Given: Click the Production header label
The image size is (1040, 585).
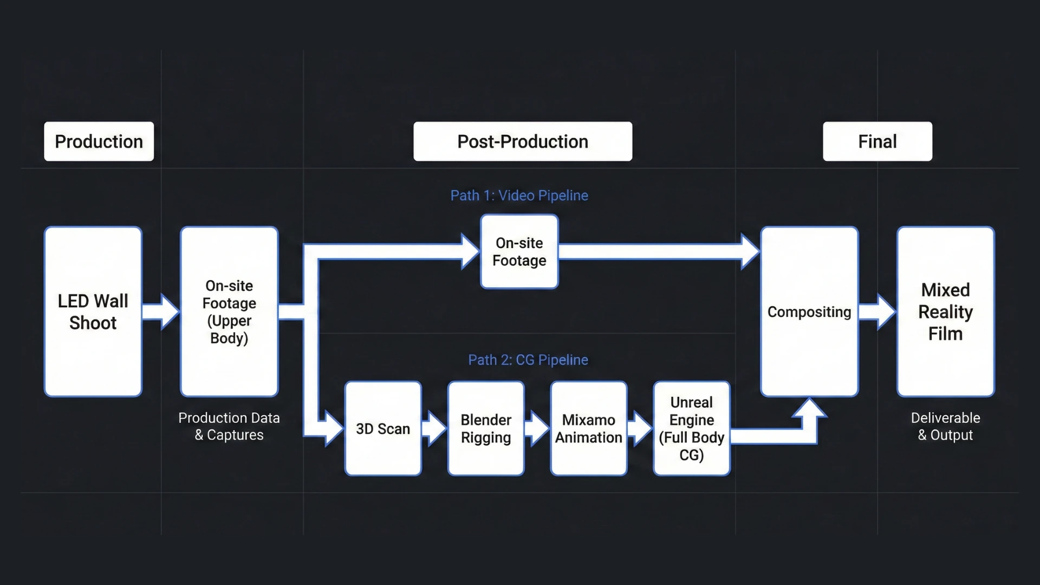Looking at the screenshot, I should click(99, 141).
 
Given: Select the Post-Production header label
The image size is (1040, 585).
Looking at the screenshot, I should click(522, 141).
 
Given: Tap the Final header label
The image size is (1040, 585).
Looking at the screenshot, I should click(877, 141).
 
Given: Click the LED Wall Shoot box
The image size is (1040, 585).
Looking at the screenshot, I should click(93, 311).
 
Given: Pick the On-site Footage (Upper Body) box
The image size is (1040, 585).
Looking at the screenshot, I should click(229, 311).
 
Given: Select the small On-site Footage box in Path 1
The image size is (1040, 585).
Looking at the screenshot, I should click(519, 252).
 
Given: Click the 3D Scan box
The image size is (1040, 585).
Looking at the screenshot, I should click(383, 428).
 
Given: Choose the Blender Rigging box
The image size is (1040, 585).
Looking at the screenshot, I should click(486, 428).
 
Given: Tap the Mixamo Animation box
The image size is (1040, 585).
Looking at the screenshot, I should click(588, 428).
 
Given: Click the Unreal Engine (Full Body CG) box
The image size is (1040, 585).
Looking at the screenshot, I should click(691, 428).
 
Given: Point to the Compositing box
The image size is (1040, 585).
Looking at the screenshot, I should click(809, 311).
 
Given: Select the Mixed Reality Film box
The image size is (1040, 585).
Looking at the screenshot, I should click(945, 311).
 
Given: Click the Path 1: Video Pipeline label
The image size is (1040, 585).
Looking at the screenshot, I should click(519, 196).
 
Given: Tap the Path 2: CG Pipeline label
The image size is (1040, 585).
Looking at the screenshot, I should click(528, 360).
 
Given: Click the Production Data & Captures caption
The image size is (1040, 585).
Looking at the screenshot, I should click(229, 426).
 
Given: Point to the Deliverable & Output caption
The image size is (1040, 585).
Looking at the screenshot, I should click(945, 426).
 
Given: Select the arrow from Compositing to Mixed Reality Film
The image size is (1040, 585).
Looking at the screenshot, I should click(877, 311).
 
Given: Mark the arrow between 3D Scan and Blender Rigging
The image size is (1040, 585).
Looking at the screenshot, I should click(434, 428).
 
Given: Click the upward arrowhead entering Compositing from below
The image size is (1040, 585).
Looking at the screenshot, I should click(809, 411).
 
